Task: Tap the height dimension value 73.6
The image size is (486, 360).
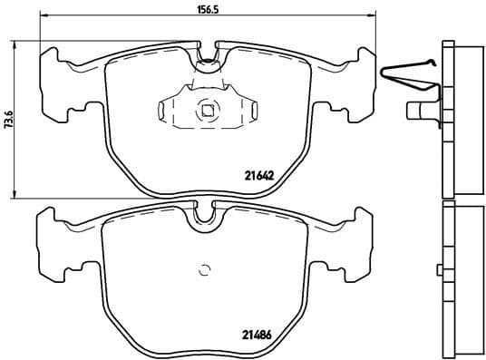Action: click(x=9, y=118)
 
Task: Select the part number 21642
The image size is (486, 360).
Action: click(x=260, y=176)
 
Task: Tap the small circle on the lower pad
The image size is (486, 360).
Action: click(x=204, y=268)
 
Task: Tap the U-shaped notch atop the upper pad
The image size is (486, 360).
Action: click(x=208, y=60)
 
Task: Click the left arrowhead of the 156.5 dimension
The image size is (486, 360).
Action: click(x=46, y=15)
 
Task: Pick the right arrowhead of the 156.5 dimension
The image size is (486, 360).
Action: click(x=370, y=15)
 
